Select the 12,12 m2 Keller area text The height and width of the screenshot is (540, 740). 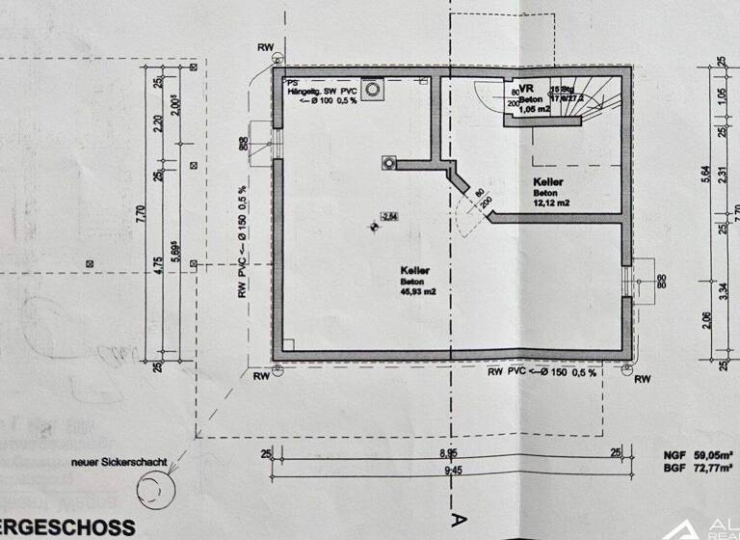point(551,203)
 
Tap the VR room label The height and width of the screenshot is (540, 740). point(525,88)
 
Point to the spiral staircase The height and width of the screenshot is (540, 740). point(588,100)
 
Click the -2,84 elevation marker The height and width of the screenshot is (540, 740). point(388,216)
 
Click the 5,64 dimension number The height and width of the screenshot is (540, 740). point(707,174)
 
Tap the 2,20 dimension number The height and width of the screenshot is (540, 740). point(160,123)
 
